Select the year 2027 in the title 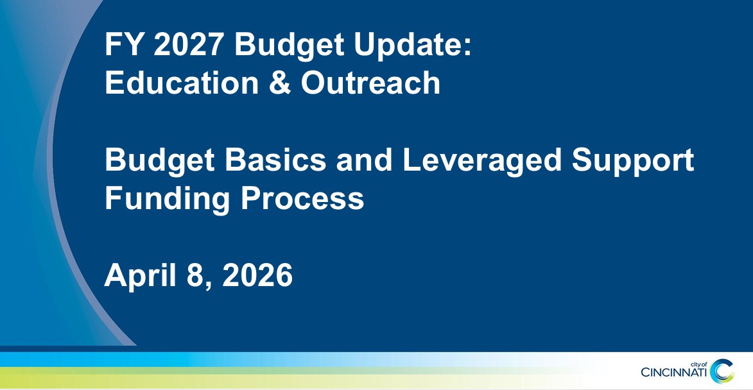[189, 44]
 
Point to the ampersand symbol [280, 83]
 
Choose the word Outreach [370, 83]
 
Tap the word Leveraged [481, 161]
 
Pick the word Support [632, 161]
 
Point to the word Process [302, 198]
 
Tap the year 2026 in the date [257, 275]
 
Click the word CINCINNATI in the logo [674, 372]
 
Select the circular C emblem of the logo [722, 371]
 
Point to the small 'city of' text [698, 364]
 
